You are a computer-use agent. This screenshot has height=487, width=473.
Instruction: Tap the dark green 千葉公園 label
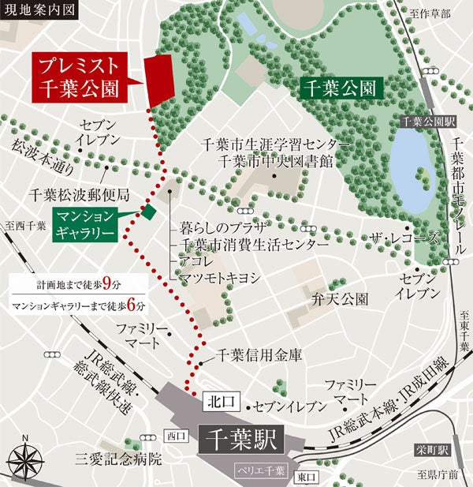tap(341, 86)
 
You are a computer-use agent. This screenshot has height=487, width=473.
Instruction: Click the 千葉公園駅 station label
tap(429, 122)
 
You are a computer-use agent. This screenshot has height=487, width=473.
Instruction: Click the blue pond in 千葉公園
tap(411, 169)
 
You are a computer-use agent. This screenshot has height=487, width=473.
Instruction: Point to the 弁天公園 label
tap(340, 300)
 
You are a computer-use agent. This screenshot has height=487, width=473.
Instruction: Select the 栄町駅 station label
tap(432, 451)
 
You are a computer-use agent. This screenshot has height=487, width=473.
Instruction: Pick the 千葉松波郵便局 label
tap(78, 193)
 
